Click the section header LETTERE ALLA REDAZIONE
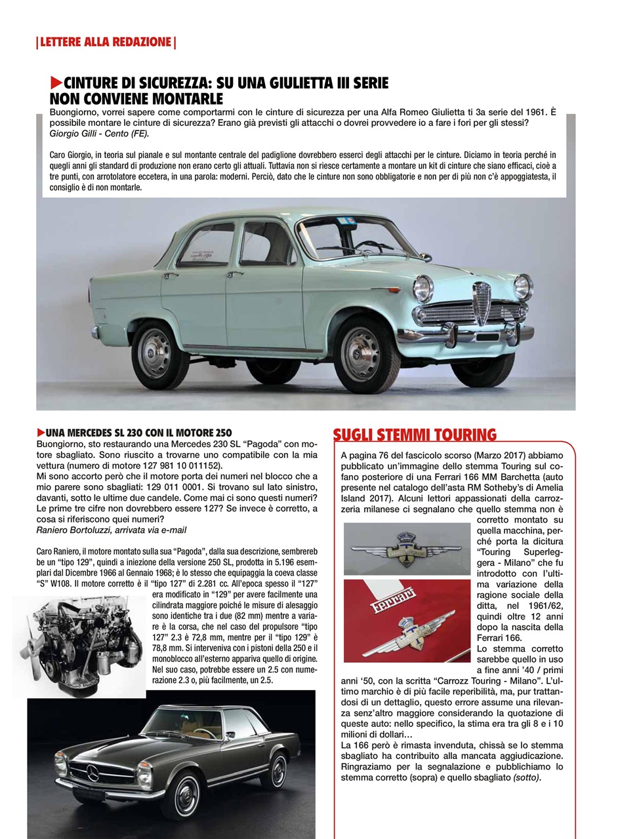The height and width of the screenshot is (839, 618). pyautogui.click(x=105, y=43)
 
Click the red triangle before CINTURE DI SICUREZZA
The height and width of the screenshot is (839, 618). pyautogui.click(x=56, y=83)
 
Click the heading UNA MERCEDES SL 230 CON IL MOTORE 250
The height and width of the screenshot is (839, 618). pyautogui.click(x=138, y=433)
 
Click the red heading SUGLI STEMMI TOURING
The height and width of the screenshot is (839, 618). pyautogui.click(x=415, y=435)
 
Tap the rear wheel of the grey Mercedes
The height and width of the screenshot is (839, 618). pyautogui.click(x=276, y=771)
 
